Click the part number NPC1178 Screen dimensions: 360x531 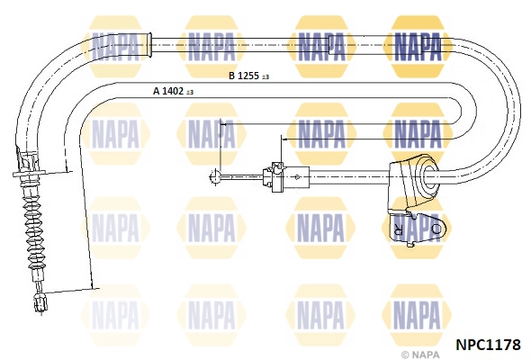tap(489, 343)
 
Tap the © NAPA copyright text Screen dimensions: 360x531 tap(418, 355)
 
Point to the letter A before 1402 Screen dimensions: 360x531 tap(156, 91)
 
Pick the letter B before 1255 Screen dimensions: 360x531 tap(231, 76)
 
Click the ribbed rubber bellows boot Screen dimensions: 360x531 tap(36, 238)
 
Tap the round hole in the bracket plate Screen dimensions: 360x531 tap(436, 229)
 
